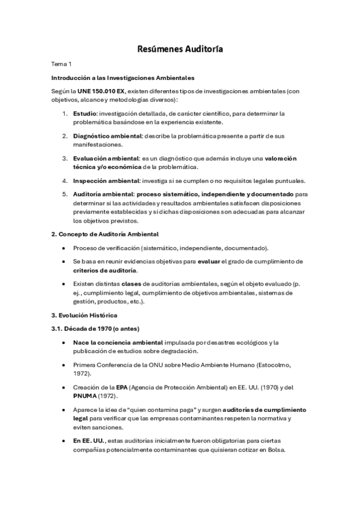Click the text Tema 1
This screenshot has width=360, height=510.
(61, 63)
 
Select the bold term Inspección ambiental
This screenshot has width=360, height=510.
(106, 180)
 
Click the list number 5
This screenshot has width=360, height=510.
(65, 194)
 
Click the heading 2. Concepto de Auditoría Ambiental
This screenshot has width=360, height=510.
(105, 233)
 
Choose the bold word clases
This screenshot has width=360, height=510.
(130, 284)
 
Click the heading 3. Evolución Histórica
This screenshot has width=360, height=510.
(85, 315)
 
